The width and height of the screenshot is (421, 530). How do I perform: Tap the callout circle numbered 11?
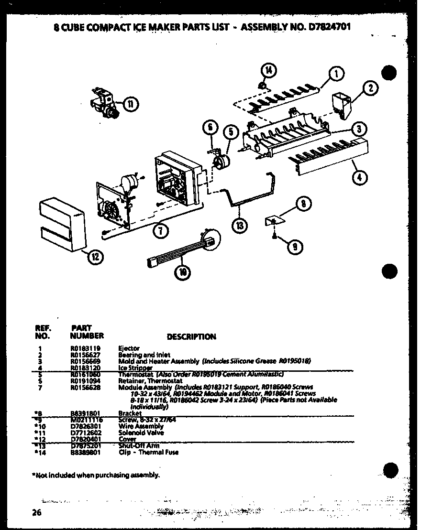[130, 102]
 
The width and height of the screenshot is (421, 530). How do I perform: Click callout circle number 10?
[183, 272]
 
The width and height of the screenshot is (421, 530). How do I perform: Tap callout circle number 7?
[161, 230]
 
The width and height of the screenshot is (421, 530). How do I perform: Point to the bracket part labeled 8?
[273, 219]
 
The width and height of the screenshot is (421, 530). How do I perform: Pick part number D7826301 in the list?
[83, 426]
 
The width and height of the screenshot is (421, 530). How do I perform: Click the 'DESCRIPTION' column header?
[191, 336]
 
